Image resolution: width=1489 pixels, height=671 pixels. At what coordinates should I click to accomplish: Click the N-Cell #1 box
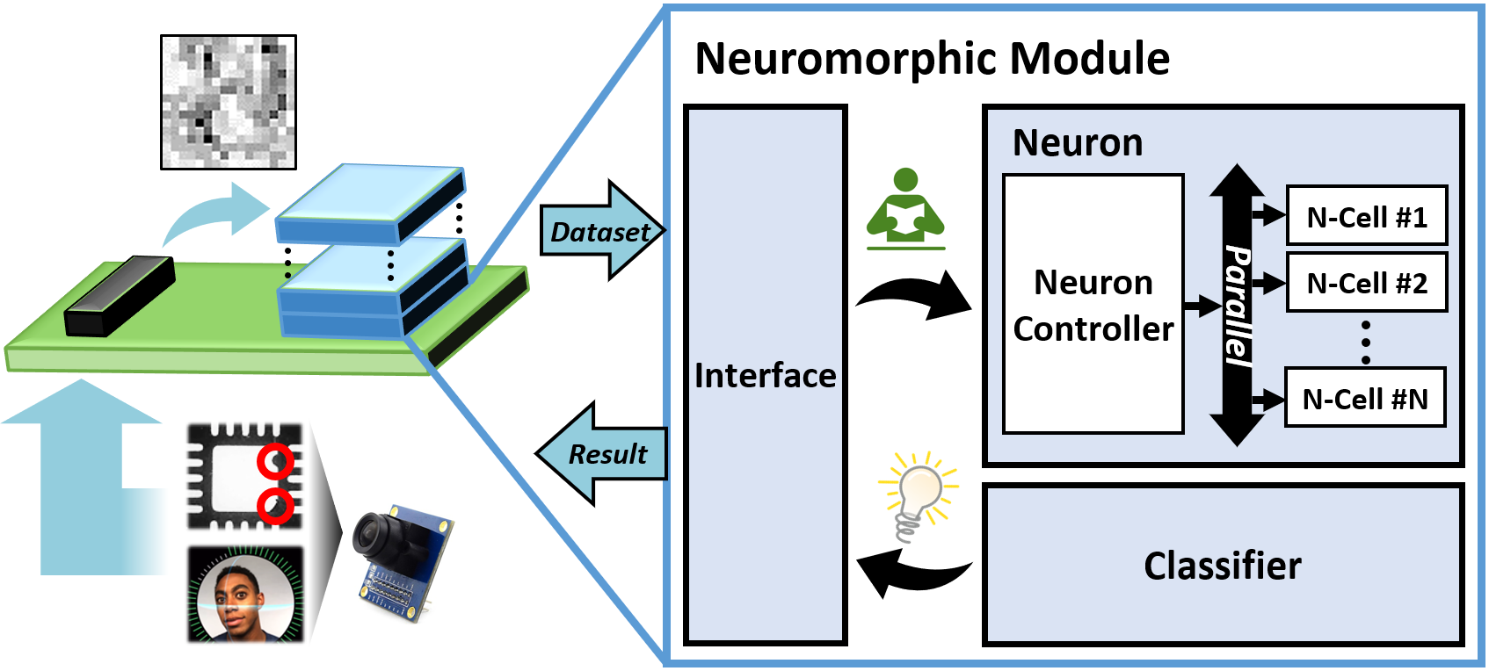pos(1366,215)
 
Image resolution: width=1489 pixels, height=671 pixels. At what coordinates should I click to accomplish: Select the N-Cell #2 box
pos(1366,282)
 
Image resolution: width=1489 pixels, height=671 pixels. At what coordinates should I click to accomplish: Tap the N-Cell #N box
pos(1365,398)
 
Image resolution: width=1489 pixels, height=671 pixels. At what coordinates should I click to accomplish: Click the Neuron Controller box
pos(1093,304)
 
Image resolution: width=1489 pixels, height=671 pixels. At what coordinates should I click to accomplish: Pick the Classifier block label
pos(1222,566)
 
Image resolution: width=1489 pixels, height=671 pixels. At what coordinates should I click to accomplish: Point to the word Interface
pos(765,375)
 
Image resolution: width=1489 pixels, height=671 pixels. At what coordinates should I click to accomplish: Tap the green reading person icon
pos(905,209)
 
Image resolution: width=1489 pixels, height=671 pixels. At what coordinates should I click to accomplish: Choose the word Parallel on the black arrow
pos(1238,304)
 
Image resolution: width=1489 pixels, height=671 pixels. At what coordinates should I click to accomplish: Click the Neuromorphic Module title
pos(932,59)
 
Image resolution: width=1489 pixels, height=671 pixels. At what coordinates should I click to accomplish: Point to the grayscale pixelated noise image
pos(229,102)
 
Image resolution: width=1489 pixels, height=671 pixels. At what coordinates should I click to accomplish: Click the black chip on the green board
pos(120,295)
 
